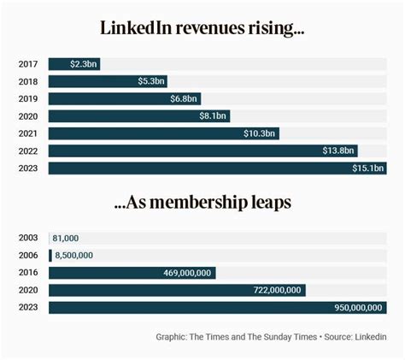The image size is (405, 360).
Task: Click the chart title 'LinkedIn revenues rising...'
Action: click(202, 27)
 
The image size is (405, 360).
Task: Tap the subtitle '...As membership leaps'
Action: click(202, 204)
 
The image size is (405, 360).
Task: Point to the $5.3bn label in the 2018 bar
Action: click(150, 81)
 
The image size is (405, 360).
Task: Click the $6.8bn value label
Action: click(184, 98)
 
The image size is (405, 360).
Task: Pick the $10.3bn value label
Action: click(261, 133)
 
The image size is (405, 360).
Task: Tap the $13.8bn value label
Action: click(339, 150)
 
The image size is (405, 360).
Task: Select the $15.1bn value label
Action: click(369, 168)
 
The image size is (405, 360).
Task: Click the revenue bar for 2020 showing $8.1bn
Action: click(137, 116)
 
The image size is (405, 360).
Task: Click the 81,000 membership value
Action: click(66, 238)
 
